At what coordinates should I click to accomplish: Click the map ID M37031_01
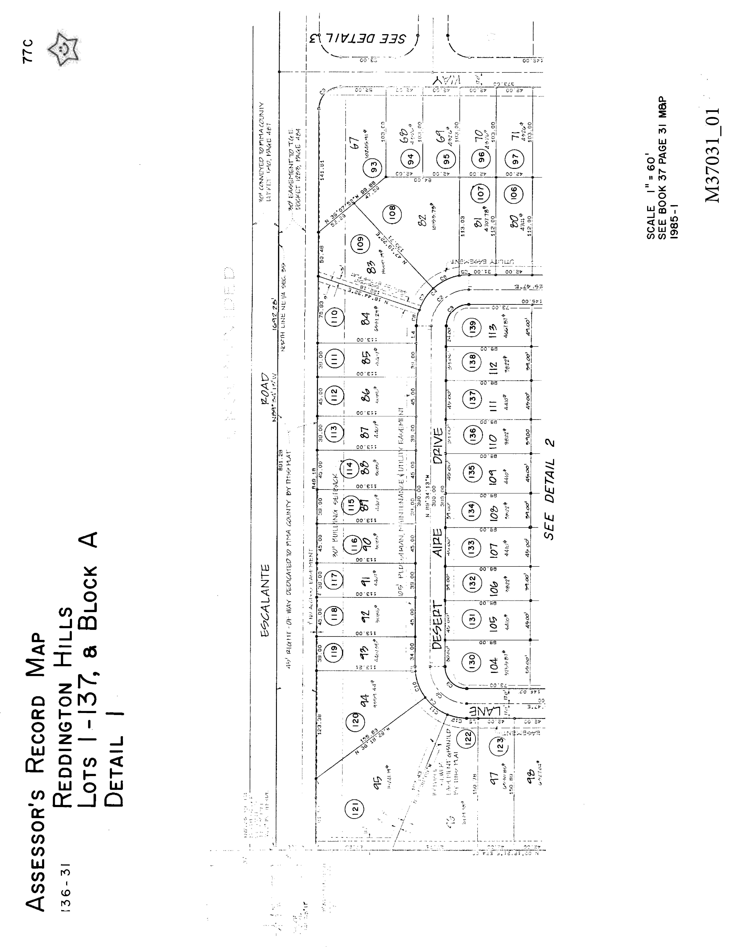click(712, 155)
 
